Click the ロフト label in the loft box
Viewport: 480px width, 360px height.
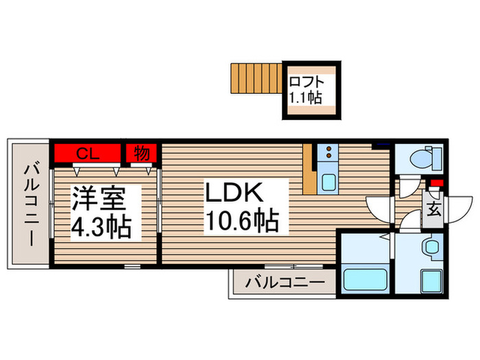[x=305, y=79]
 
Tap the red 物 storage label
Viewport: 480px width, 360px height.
[x=142, y=153]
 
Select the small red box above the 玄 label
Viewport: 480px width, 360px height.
[x=434, y=183]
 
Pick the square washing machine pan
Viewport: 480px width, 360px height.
[x=433, y=281]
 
